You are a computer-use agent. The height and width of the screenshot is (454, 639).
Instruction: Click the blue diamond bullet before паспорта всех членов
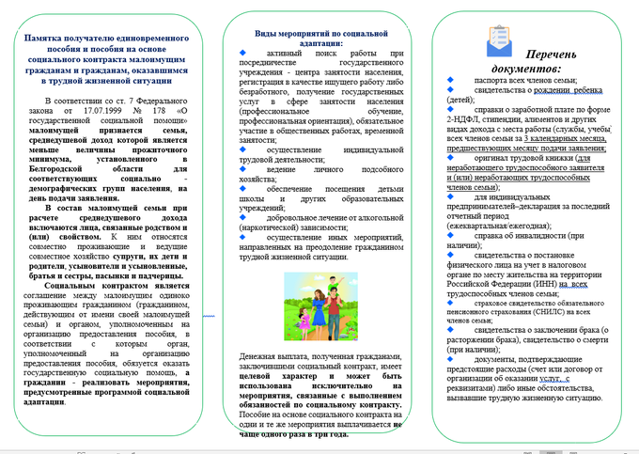click(x=451, y=82)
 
